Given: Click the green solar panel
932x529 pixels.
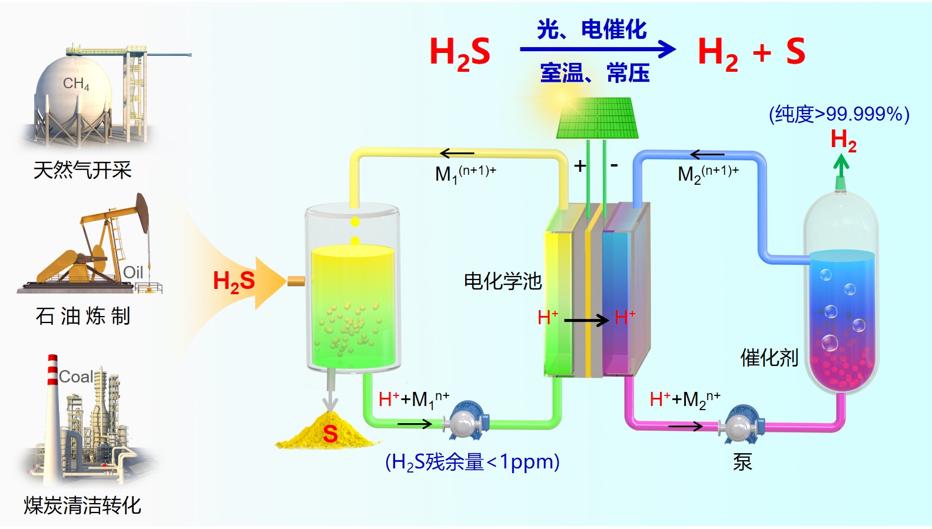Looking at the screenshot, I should pos(598,119).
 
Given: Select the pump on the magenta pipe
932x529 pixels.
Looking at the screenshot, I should pos(741,424).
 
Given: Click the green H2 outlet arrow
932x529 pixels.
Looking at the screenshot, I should pos(841,165).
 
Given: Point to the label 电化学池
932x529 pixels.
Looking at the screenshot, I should pos(502,281).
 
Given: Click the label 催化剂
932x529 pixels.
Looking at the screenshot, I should pos(769,357).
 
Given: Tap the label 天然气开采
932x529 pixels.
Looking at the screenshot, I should pos(82,170).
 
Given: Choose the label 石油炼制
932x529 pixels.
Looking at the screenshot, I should pos(82,316).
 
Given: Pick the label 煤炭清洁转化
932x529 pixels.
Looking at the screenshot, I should pos(82,505).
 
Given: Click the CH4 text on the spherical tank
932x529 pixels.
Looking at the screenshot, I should pos(77,84).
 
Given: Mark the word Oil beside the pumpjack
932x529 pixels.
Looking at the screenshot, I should pos(133,272).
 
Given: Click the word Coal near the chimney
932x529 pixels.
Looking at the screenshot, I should pos(76,377).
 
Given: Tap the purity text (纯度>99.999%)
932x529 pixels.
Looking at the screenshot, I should pos(839,114).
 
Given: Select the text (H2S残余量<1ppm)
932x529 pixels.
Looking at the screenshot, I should pos(472,462).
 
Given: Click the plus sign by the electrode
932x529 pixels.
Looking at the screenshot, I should pos(580,166).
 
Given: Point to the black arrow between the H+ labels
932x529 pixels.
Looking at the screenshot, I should pos(586,320).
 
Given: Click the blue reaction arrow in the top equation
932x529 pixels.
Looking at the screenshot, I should pos(597,49).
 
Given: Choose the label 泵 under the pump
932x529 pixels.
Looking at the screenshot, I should pos(742,462).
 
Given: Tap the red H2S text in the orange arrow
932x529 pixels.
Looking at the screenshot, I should pos(234,281).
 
